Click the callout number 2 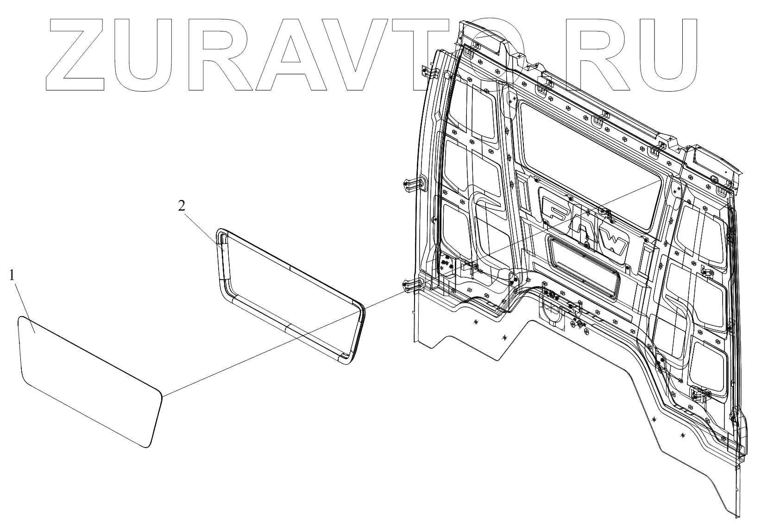tap(182, 206)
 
